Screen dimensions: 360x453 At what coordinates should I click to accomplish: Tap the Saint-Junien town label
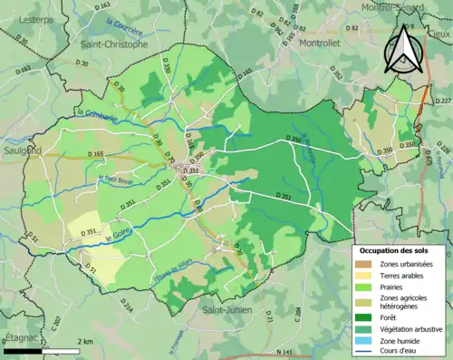227,310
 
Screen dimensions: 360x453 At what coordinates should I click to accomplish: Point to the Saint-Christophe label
113,44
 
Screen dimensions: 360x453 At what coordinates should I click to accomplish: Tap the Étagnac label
19,336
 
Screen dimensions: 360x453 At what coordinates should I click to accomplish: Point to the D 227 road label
443,101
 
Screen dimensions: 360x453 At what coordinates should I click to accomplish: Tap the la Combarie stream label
93,112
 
